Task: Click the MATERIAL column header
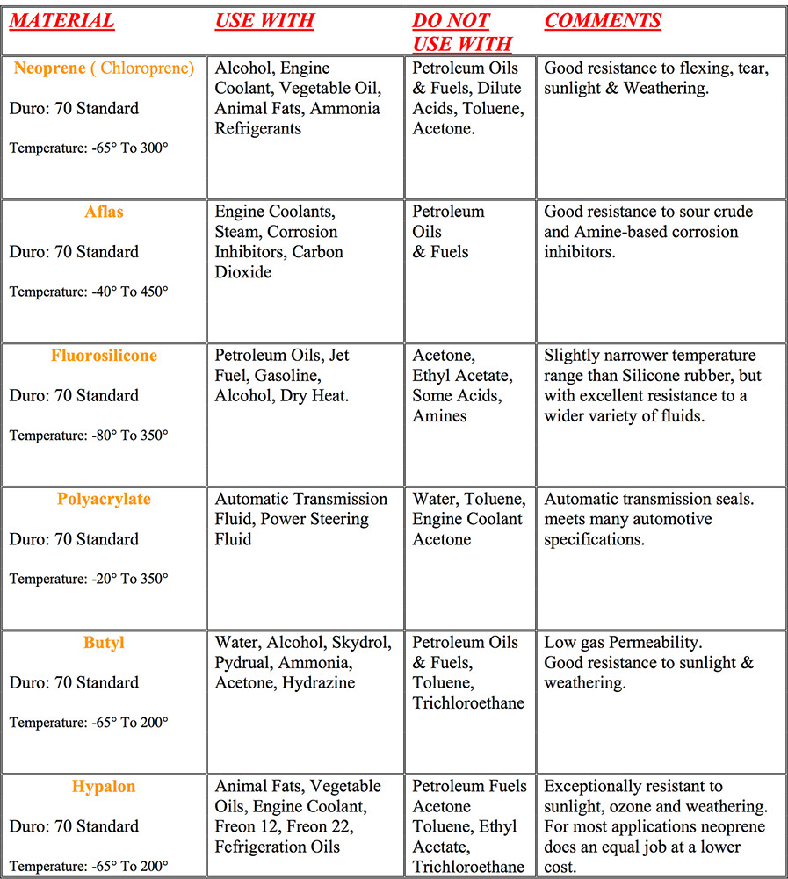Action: (61, 21)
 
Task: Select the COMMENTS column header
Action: (603, 21)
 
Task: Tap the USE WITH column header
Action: (264, 21)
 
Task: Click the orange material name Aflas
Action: (104, 213)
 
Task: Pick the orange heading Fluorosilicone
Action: (104, 356)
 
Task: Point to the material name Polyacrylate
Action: (104, 500)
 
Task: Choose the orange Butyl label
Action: (104, 643)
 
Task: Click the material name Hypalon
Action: (104, 787)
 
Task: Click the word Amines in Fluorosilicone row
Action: (440, 415)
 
